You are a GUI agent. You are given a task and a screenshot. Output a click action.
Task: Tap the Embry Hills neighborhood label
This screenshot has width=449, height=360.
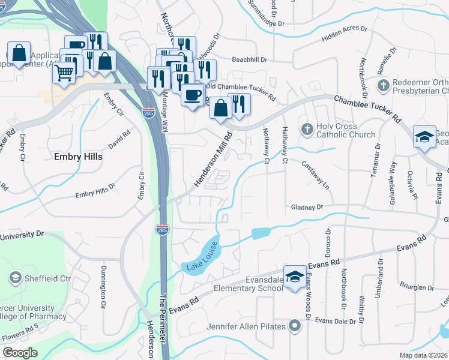pyautogui.click(x=76, y=157)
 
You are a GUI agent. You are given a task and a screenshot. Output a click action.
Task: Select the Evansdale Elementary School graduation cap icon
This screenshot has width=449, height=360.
pyautogui.click(x=294, y=276)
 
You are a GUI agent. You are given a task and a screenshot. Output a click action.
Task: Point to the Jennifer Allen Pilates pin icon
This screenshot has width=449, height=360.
pyautogui.click(x=294, y=326)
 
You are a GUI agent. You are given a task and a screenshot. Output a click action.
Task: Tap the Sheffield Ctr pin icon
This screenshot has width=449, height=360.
pyautogui.click(x=14, y=278)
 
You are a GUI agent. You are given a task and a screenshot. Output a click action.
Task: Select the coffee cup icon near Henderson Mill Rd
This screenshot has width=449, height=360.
pyautogui.click(x=192, y=95)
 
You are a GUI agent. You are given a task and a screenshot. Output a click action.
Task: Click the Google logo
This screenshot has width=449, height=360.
pyautogui.click(x=20, y=352)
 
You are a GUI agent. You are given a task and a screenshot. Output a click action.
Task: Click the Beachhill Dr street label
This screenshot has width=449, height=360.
pyautogui.click(x=249, y=60)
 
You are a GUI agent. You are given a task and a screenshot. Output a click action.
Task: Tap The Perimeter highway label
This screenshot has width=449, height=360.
pyautogui.click(x=161, y=312)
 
